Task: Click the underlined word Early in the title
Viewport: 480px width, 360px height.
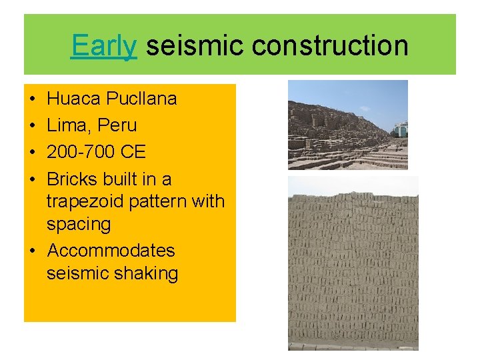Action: point(104,46)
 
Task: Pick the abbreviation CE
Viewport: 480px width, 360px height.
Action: point(133,152)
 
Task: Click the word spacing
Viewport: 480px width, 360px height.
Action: point(79,224)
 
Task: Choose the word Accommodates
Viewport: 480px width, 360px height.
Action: point(111,251)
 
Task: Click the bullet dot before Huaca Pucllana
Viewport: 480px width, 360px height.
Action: point(33,99)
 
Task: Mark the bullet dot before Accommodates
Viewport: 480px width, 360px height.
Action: point(33,251)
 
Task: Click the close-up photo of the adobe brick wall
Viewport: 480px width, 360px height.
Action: point(353,263)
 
